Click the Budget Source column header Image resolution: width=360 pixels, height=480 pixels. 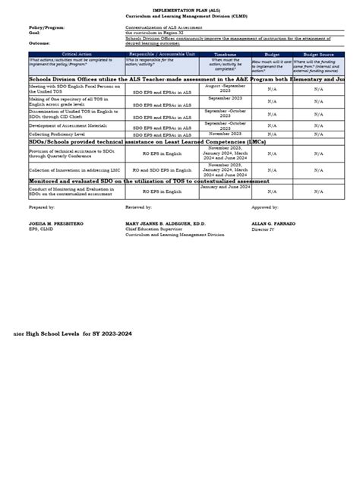click(326, 55)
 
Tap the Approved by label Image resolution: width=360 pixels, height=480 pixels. click(266, 207)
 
